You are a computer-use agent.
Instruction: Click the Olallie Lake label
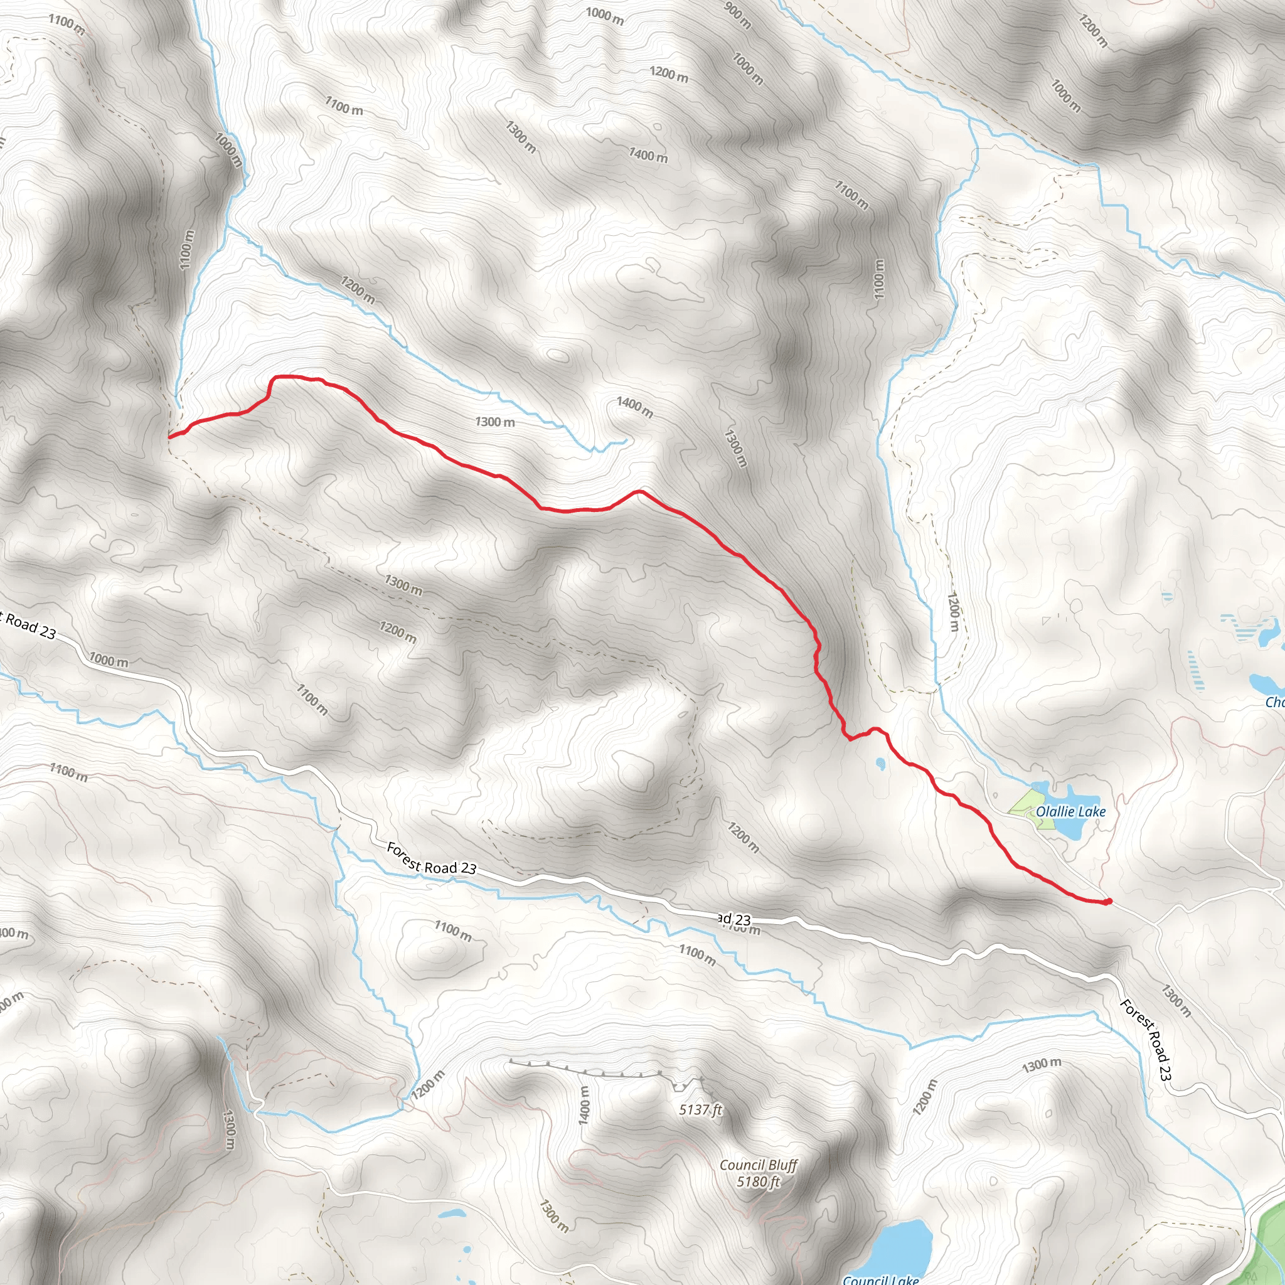click(1070, 811)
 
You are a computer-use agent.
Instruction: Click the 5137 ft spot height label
click(700, 1109)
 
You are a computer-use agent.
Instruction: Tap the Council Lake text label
click(880, 1279)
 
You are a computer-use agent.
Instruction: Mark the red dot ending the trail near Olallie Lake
click(1108, 902)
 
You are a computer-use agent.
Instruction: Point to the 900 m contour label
click(737, 14)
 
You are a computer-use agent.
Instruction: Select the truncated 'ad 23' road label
click(734, 919)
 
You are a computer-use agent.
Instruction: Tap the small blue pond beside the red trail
click(880, 763)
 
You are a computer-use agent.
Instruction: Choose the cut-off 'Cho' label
click(1274, 702)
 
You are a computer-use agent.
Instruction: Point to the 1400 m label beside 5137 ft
click(584, 1106)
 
